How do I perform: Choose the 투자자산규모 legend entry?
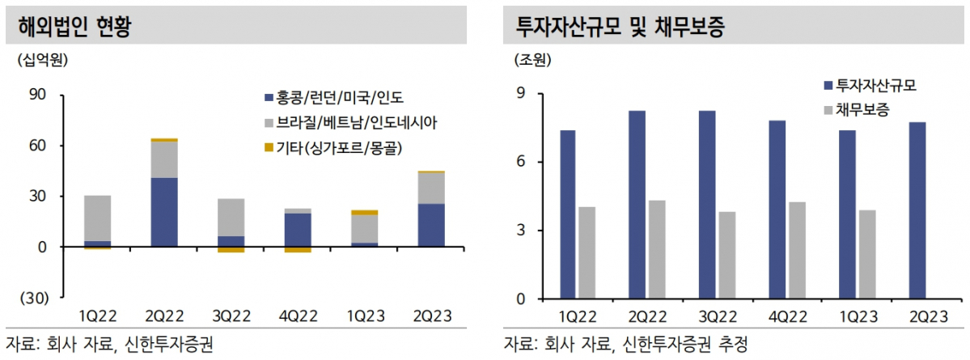click(876, 85)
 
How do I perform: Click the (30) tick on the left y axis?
click(35, 298)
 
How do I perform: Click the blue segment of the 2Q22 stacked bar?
click(164, 212)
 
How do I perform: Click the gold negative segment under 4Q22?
click(298, 249)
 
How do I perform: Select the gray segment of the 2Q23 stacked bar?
click(431, 188)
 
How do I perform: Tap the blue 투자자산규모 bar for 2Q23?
click(917, 210)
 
